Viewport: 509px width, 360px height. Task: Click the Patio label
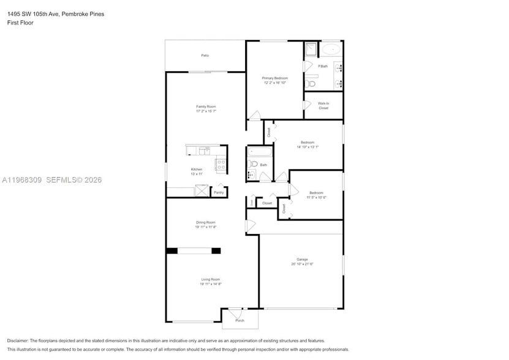205,56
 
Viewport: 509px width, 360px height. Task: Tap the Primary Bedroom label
274,78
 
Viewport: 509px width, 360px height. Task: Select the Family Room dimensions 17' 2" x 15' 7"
206,111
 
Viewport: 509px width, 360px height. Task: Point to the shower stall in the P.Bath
311,49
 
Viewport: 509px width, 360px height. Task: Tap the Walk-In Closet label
323,105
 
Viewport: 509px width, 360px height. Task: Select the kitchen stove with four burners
221,164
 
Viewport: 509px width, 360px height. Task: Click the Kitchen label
197,169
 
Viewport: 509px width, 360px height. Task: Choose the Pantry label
219,192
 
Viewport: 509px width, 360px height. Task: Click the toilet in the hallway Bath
252,163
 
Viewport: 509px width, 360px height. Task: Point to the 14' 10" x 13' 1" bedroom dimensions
307,147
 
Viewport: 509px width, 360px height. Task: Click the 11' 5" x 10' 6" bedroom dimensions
316,197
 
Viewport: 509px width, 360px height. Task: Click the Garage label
302,259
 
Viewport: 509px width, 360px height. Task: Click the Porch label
239,320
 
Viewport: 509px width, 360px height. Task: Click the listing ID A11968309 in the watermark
21,180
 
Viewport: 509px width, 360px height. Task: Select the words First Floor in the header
21,23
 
